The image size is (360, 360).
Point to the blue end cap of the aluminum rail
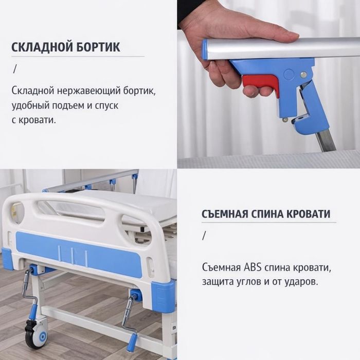pyautogui.click(x=205, y=49)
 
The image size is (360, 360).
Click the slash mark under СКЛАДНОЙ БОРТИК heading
pyautogui.click(x=15, y=68)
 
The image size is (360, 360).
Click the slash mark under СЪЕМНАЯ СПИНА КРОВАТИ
pyautogui.click(x=204, y=236)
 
